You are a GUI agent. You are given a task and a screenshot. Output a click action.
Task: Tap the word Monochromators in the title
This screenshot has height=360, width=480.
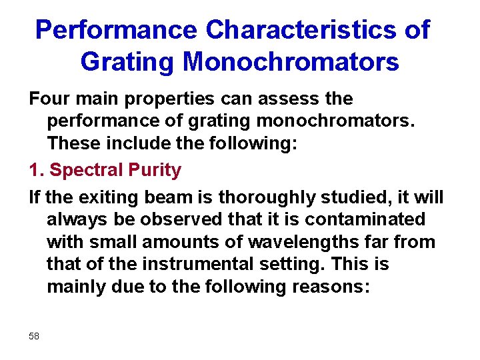(291, 62)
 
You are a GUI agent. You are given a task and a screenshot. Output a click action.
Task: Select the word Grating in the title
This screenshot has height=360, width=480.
(127, 62)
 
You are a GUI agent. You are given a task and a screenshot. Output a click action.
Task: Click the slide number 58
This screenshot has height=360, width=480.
(34, 336)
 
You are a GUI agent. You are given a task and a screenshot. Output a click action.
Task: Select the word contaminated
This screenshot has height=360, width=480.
(368, 219)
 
